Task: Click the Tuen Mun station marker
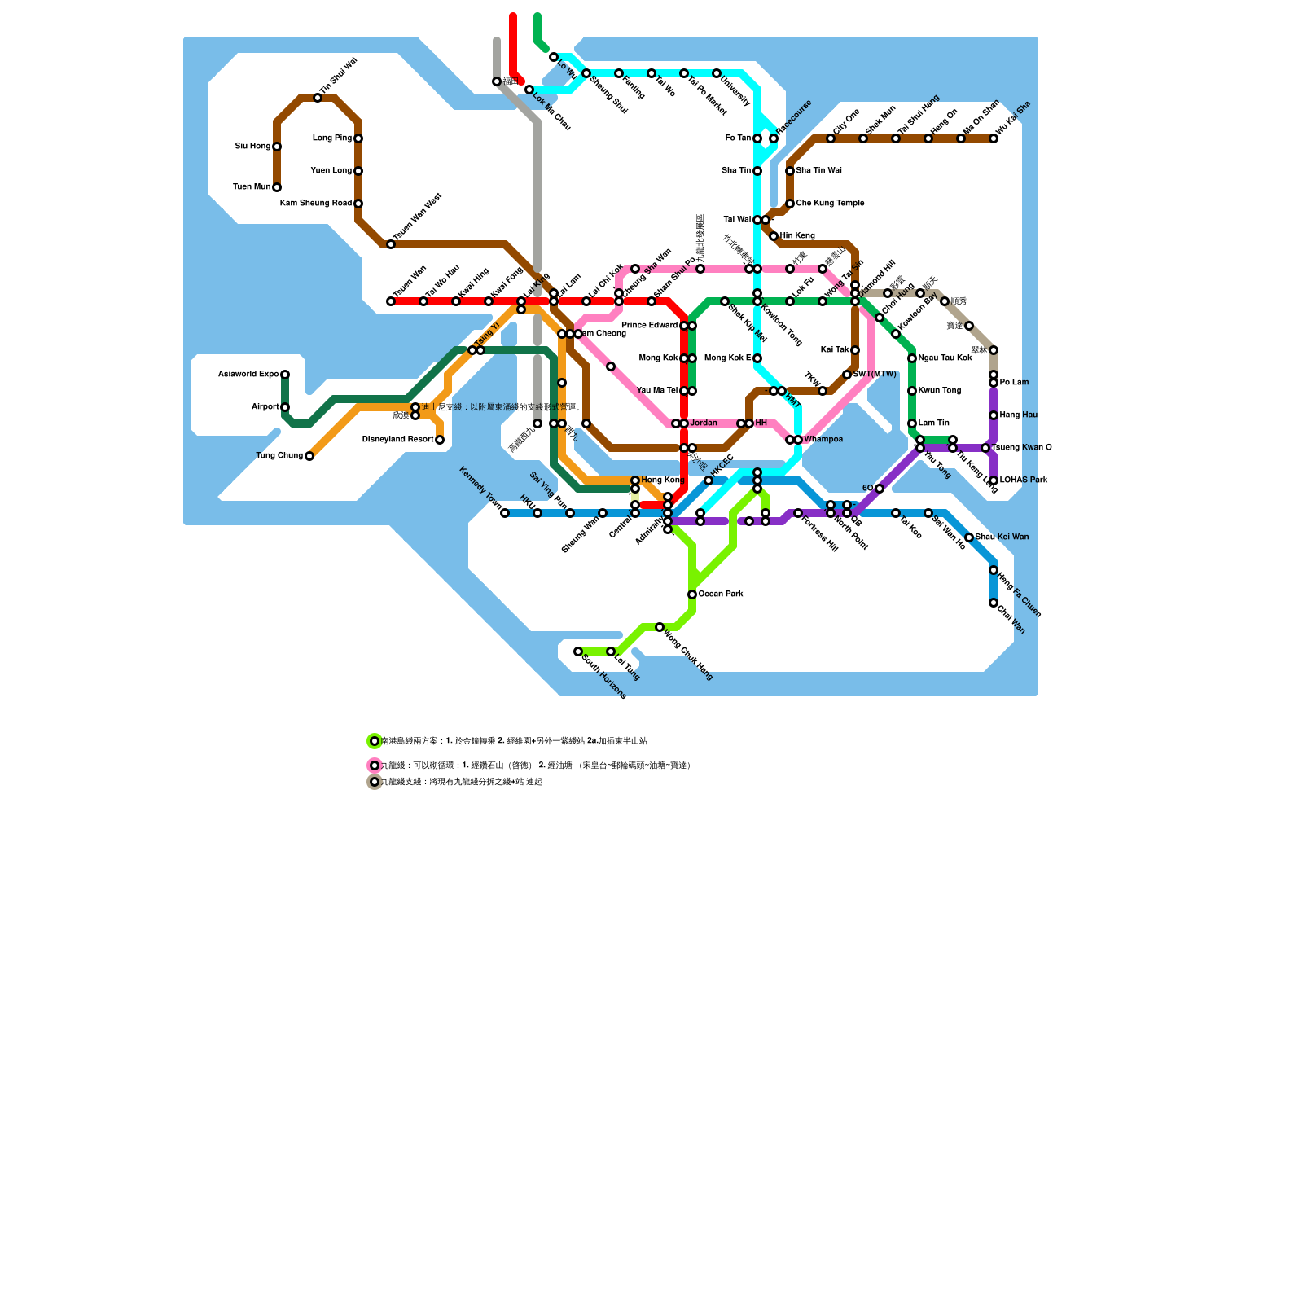277,187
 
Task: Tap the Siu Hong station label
252,147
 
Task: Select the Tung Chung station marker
309,456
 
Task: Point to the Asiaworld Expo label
248,375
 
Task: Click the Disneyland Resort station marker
440,440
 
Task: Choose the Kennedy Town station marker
505,513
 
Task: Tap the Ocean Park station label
721,594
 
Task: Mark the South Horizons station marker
578,651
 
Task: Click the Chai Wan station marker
994,603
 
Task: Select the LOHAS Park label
1024,480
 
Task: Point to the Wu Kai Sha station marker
994,138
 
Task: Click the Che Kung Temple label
830,204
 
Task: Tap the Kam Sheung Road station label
316,204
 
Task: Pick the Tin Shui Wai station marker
318,98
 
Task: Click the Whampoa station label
823,440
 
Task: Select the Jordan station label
704,423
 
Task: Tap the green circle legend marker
375,741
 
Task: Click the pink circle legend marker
375,766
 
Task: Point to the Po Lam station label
1014,383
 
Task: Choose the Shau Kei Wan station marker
969,537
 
